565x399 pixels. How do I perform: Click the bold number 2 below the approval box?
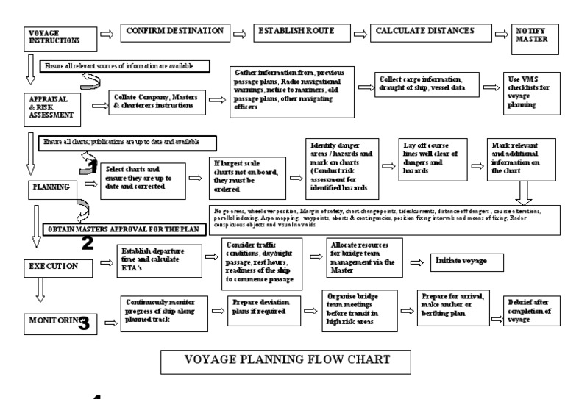[x=87, y=243]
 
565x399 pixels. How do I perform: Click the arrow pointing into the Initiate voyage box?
[x=415, y=262]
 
